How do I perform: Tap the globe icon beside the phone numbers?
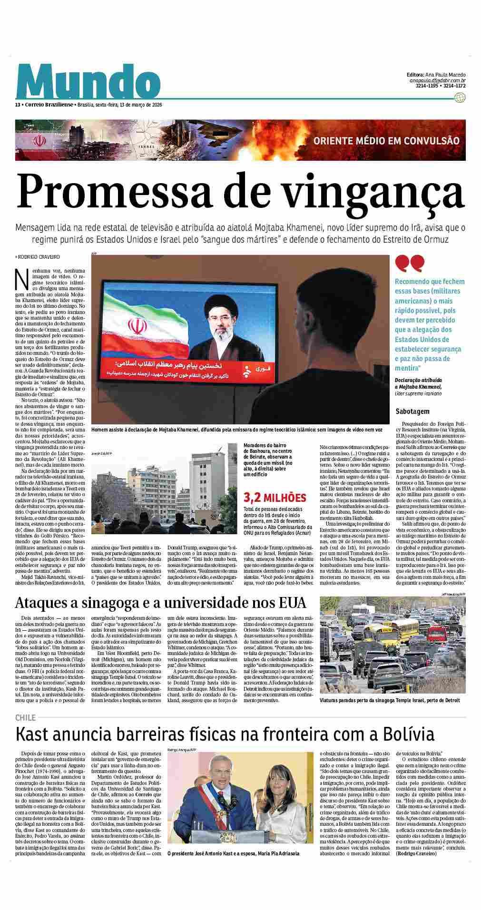(460, 98)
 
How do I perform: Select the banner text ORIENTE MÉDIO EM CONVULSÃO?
(386, 141)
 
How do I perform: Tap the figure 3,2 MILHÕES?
(275, 498)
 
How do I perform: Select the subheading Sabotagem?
(412, 411)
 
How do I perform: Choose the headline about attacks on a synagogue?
(160, 603)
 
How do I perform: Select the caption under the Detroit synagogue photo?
(390, 701)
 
